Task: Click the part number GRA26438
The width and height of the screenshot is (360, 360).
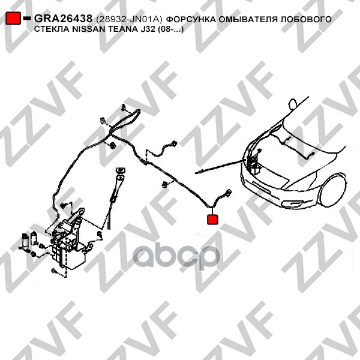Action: [x=63, y=19]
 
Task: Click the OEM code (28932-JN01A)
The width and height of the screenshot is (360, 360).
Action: [x=129, y=19]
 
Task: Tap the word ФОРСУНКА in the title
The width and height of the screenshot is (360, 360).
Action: [x=191, y=19]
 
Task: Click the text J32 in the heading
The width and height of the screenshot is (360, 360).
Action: [x=148, y=29]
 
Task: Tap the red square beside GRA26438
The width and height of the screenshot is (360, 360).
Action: [x=13, y=19]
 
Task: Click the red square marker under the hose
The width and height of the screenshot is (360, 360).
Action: [x=212, y=220]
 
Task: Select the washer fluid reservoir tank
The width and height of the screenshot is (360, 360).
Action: [x=69, y=248]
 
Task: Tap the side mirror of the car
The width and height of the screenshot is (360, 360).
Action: [x=293, y=104]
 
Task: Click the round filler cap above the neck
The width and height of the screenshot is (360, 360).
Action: [x=121, y=170]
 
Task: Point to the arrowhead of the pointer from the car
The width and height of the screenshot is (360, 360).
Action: [x=197, y=172]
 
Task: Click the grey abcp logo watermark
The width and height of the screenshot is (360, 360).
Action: [x=176, y=257]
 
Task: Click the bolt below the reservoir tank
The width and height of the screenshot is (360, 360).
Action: [x=54, y=271]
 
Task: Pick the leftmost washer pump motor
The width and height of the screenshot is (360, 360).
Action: [x=25, y=242]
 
